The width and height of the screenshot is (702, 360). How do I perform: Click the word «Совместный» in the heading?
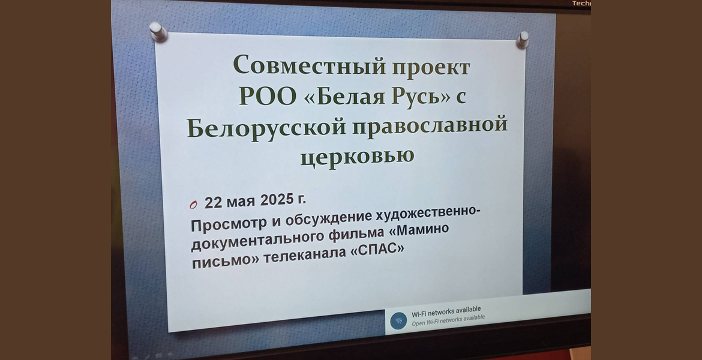coord(309,65)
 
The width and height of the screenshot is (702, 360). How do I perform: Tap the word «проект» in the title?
coord(431,68)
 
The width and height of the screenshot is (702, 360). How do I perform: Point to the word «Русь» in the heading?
coord(416,96)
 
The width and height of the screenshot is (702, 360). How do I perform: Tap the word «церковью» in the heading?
coord(357,158)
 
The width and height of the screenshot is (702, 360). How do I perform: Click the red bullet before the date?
coord(193,205)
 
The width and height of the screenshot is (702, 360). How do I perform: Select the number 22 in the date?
coord(214,202)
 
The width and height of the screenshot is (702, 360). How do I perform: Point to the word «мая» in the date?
coord(241,202)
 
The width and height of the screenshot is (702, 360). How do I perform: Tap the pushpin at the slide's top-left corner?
coord(158,32)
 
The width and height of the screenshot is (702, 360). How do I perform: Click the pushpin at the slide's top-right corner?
coord(523,40)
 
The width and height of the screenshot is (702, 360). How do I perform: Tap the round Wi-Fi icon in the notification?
coord(398,320)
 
